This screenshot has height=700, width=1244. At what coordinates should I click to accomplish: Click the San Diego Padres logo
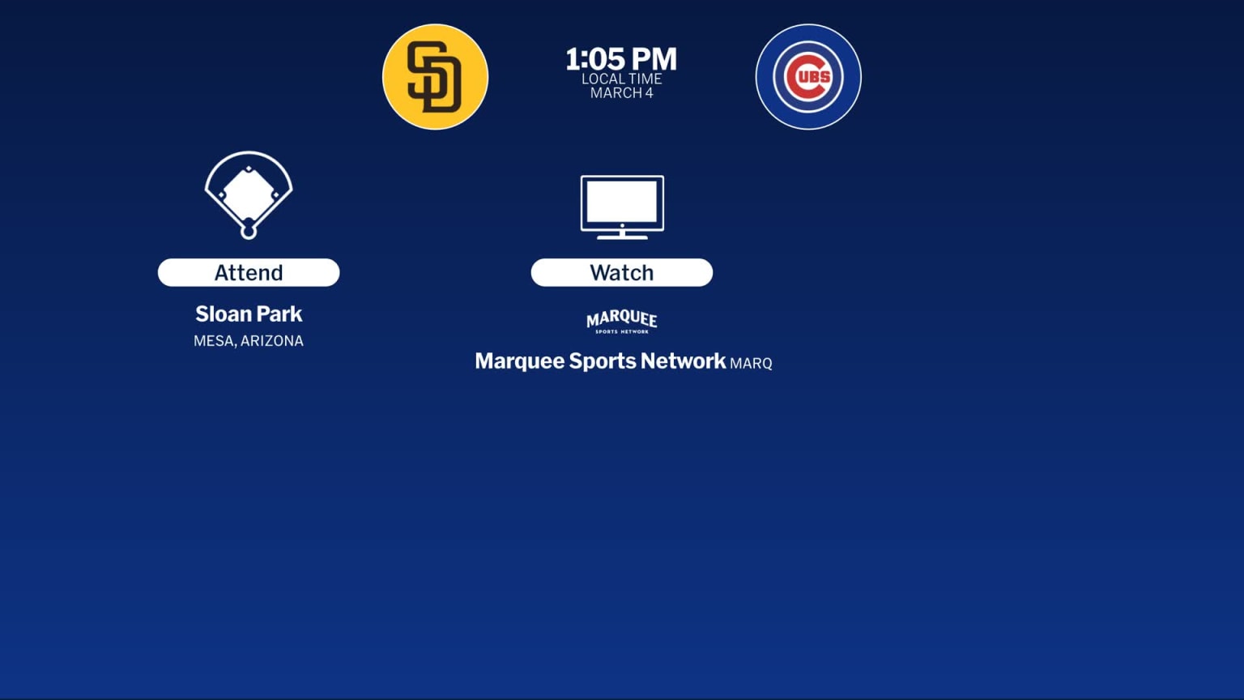point(435,77)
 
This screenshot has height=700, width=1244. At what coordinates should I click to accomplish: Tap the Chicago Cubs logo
point(808,77)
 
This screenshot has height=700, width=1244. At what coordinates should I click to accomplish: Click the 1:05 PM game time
point(621,58)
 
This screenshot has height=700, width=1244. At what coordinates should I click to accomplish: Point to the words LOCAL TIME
point(621,79)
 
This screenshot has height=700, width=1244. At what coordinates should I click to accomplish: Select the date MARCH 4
point(621,93)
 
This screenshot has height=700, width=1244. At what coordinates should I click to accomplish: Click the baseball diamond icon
point(249,194)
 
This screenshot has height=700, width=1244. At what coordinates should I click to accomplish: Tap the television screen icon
point(622,203)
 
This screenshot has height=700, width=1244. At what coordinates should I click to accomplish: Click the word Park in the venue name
point(279,314)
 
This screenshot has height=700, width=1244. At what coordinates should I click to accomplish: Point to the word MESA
point(214,341)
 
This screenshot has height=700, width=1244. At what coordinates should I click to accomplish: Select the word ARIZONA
point(272,341)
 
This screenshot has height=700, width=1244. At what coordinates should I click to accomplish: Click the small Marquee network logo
point(622,322)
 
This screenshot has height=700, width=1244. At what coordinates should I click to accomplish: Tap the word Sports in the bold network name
point(603,361)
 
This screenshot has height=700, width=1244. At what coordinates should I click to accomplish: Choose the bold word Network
point(683,361)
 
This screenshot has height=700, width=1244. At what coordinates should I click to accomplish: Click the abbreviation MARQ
point(751,364)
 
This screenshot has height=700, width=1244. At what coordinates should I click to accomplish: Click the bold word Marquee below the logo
point(519,361)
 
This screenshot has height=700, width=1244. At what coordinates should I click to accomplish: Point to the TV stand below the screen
point(622,235)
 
